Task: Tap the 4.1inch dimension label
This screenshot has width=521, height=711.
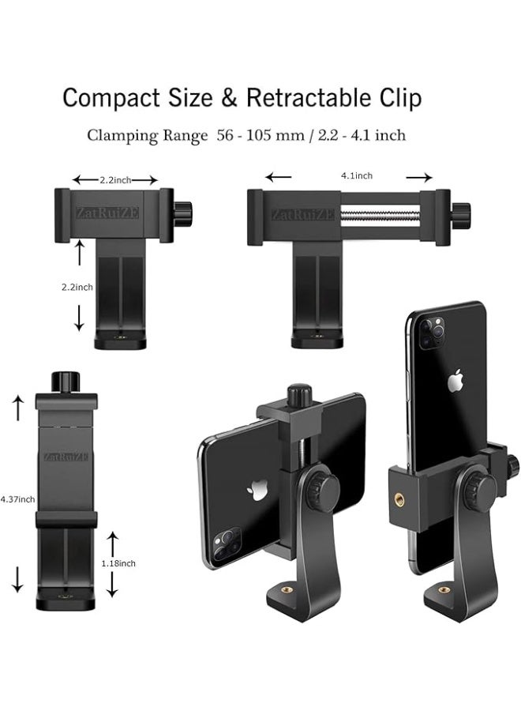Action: tap(357, 175)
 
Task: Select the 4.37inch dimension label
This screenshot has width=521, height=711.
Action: tap(17, 498)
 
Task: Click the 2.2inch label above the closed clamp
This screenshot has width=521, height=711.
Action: tap(115, 180)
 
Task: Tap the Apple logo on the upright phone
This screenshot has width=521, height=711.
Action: tap(455, 382)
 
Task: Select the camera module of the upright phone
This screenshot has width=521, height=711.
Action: tap(431, 333)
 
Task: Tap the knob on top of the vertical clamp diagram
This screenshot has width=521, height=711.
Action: tap(66, 382)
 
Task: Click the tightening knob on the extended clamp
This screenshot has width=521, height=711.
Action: tap(460, 214)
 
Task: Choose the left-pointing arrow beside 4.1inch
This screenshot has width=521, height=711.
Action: tap(278, 177)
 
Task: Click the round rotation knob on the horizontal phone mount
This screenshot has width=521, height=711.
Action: tap(323, 491)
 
